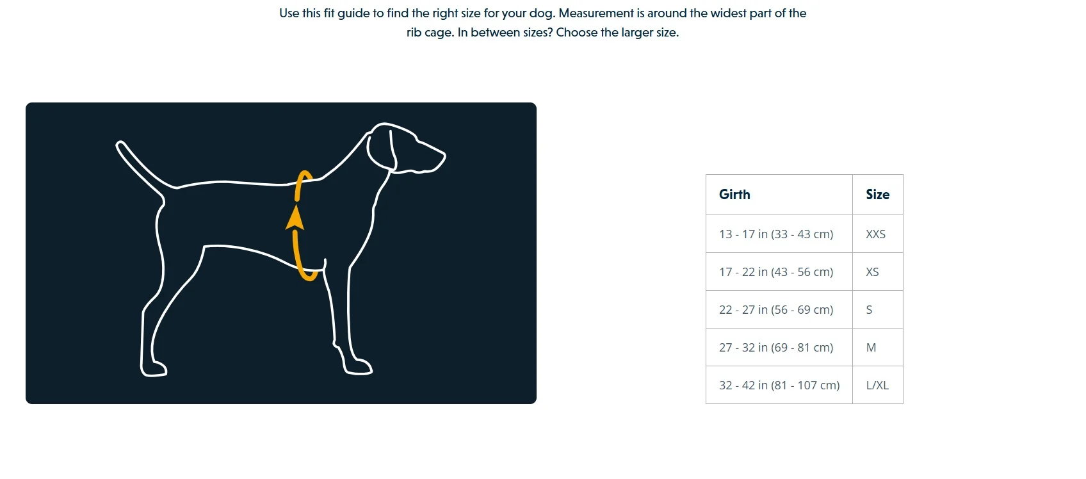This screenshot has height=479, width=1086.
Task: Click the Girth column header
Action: (x=734, y=195)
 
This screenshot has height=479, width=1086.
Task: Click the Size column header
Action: (x=877, y=195)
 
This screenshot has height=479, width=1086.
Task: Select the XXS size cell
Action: (x=875, y=234)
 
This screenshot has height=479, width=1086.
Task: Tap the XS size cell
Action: (x=872, y=272)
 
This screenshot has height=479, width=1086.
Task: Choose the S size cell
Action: (x=869, y=310)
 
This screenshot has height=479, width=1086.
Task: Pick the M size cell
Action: (x=871, y=348)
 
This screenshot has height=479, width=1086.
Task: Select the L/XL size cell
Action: (x=877, y=386)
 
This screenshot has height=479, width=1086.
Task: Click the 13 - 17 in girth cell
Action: (x=776, y=234)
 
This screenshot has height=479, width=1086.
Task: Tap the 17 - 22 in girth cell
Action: (x=776, y=272)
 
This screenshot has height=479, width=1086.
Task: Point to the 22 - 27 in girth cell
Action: (x=776, y=310)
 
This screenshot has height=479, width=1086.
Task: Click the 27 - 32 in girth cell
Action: (x=776, y=348)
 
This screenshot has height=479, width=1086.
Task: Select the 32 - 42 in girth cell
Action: (x=779, y=386)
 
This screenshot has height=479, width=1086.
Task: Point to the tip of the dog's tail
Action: (x=120, y=144)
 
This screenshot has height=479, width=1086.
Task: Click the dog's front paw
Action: (x=359, y=367)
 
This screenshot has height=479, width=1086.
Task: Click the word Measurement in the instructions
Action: (x=596, y=13)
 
